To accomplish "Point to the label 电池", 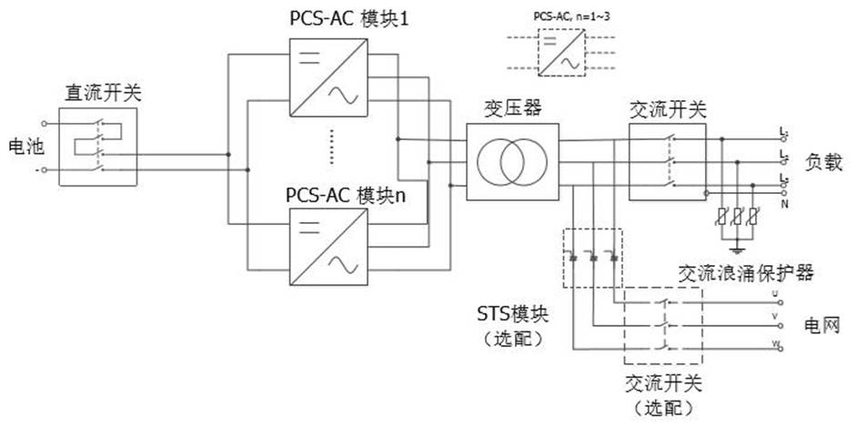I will point(25,146).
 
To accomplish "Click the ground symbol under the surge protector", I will point(738,245).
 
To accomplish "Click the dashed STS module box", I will point(592,258).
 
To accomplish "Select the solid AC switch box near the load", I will point(667,161).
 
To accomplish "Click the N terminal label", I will point(783,204).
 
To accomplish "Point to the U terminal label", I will point(775,294).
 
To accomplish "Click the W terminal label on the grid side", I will point(775,342).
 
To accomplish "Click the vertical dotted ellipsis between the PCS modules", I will point(332,145).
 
